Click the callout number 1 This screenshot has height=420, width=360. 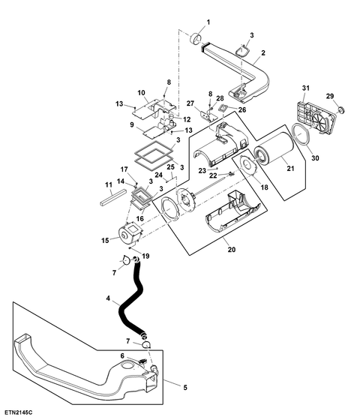[208, 22]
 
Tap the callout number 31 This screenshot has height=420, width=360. [306, 88]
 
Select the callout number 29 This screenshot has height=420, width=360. [330, 96]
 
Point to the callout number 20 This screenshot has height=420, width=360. [232, 249]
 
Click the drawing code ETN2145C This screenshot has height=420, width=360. [18, 412]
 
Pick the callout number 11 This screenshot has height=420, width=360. [108, 185]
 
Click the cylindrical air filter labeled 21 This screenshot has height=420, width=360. [274, 154]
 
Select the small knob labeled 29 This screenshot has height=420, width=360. [341, 109]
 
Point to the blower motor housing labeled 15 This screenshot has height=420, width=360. [130, 233]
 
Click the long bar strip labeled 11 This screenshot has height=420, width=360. [113, 198]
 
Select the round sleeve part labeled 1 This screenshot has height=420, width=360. [196, 38]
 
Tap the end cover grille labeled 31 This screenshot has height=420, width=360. [316, 117]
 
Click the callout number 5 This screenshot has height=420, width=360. [185, 388]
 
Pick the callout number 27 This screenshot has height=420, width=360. [190, 103]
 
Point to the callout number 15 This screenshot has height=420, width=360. [105, 240]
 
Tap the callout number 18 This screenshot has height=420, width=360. [264, 187]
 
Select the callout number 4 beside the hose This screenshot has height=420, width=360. [108, 298]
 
